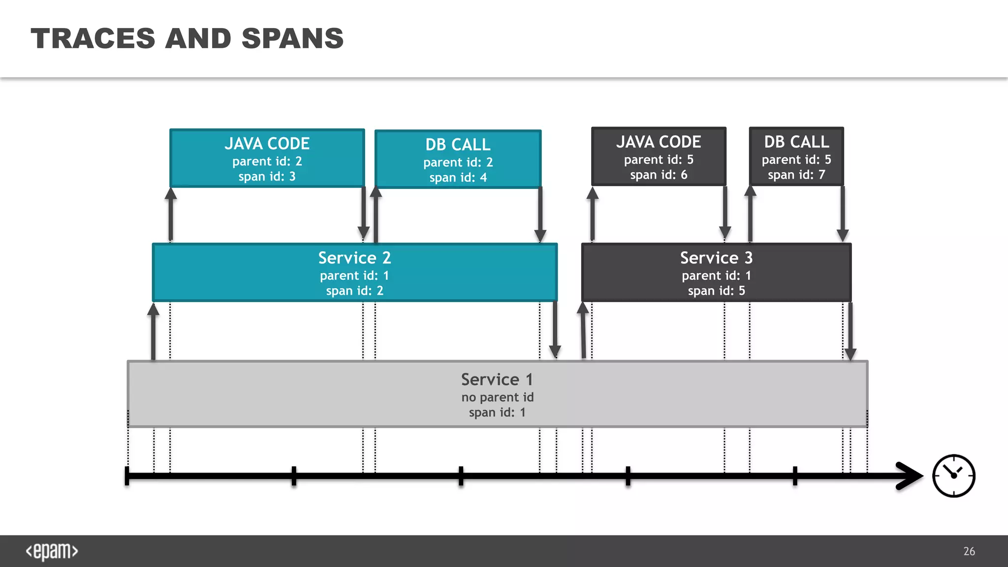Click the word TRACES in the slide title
tap(93, 38)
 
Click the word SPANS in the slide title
tap(292, 38)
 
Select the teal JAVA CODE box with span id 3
tap(267, 158)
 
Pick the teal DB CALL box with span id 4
tap(458, 159)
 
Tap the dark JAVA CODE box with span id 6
tap(659, 157)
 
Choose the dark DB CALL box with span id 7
tap(796, 157)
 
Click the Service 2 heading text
tap(354, 258)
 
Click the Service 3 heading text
tap(716, 258)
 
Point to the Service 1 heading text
tap(497, 379)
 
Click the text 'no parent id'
tap(497, 397)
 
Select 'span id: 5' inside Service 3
tap(716, 291)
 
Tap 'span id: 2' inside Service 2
tap(354, 291)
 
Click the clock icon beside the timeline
tap(953, 475)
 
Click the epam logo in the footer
tap(52, 551)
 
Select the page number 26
tap(969, 551)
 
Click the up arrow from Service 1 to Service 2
tap(154, 332)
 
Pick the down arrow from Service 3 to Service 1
tap(850, 332)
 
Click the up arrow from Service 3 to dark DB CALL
tap(750, 214)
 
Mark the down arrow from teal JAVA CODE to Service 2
tap(363, 214)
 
